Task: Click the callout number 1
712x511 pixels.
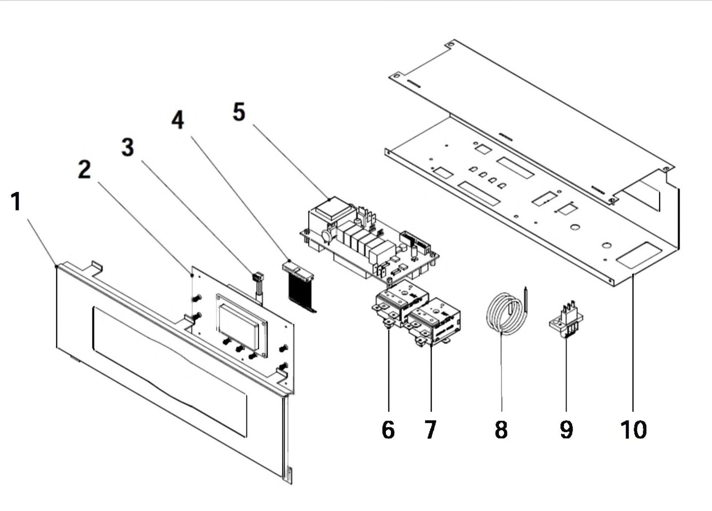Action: pyautogui.click(x=16, y=202)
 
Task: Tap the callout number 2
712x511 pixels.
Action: pyautogui.click(x=84, y=170)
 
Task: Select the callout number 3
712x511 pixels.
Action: pyautogui.click(x=128, y=147)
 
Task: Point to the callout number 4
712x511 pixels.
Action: pyautogui.click(x=177, y=120)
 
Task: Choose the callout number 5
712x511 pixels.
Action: pyautogui.click(x=239, y=112)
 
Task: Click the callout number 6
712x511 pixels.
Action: pyautogui.click(x=388, y=430)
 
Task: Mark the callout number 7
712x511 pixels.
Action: pyautogui.click(x=430, y=430)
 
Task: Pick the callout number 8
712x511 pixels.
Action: pyautogui.click(x=501, y=430)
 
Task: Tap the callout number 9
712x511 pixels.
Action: pyautogui.click(x=567, y=430)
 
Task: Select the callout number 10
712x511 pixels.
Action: pyautogui.click(x=633, y=430)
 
